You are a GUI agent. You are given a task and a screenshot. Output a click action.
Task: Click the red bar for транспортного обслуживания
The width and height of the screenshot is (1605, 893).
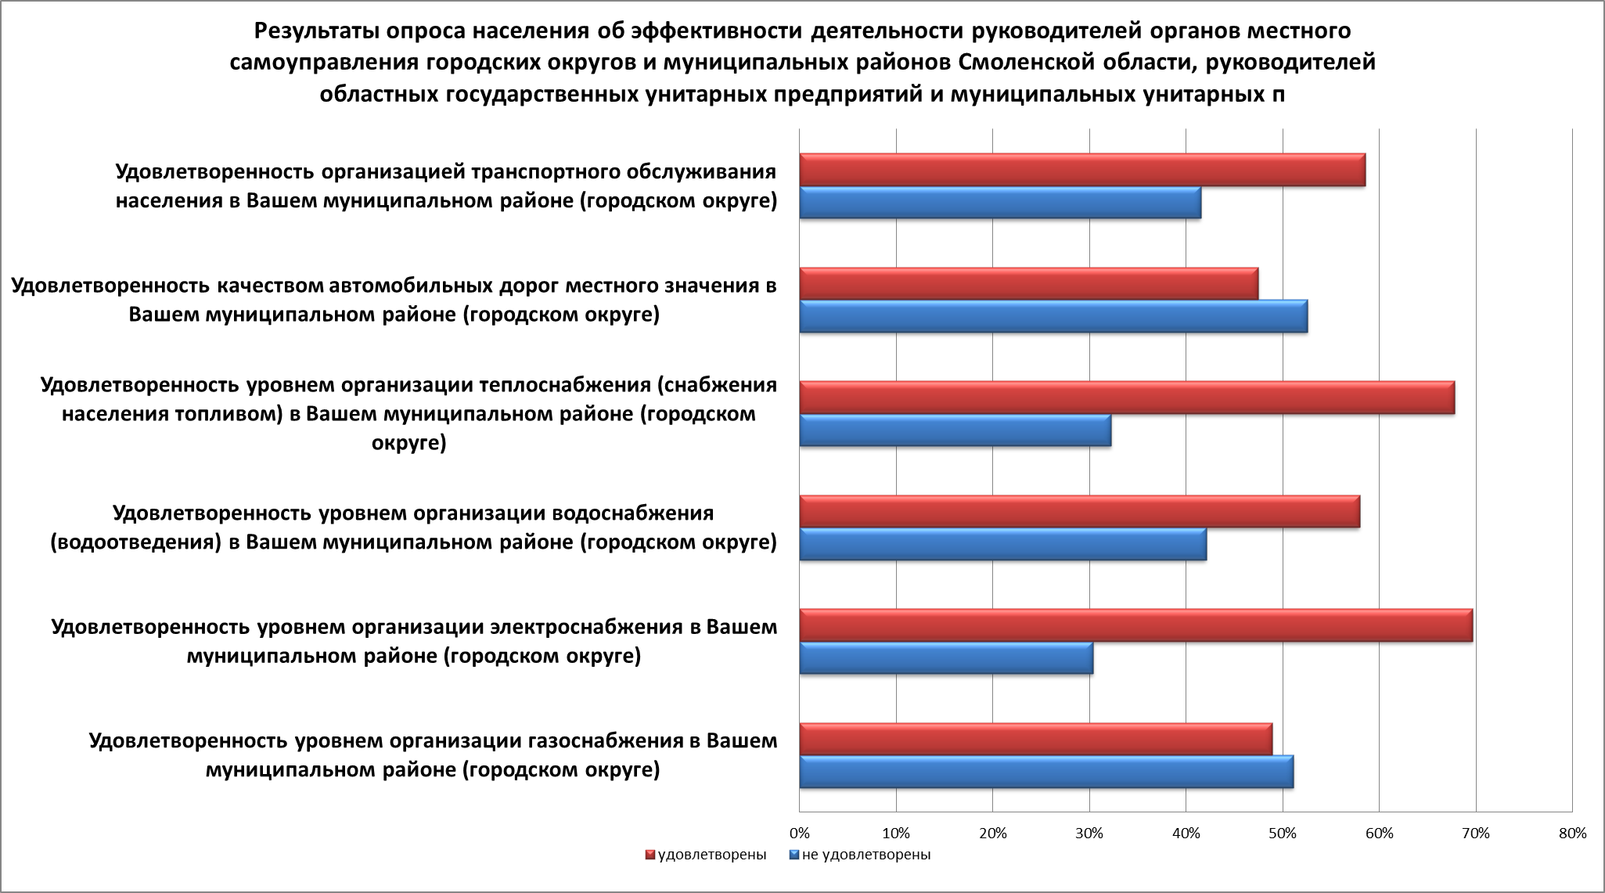coord(1082,170)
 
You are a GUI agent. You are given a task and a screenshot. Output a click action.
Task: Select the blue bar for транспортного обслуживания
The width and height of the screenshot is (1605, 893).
coord(1000,203)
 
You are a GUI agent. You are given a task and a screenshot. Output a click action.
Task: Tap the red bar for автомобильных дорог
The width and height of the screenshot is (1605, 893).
coord(1029,283)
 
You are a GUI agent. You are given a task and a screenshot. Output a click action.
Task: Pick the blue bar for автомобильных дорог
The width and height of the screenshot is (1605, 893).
coord(1053,316)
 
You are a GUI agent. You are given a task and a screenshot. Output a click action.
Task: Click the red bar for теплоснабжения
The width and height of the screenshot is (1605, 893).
coord(1127,398)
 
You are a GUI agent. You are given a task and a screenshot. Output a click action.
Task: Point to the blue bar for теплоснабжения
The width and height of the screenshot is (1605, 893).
coord(955,430)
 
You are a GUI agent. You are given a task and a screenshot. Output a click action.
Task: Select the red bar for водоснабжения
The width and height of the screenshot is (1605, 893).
coord(1080,512)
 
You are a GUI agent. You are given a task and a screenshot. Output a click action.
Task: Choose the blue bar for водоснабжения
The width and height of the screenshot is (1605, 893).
coord(1003,544)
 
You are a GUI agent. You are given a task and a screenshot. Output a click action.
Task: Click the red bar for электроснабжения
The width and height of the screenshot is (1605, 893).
coord(1136,625)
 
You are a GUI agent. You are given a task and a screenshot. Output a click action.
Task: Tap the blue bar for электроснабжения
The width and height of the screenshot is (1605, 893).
coord(946,657)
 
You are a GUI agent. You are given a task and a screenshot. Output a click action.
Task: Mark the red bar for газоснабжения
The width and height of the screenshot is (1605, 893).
coord(1036,740)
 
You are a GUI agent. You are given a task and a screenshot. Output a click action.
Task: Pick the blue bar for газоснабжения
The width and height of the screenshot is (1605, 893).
coord(1046,772)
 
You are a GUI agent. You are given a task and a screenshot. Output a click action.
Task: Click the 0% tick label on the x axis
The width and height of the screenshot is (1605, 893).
coord(799,834)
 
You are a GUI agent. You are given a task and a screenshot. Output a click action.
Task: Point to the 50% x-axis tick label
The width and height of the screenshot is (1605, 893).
coord(1283,834)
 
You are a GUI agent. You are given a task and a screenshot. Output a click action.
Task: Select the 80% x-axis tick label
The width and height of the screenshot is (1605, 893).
coord(1572,834)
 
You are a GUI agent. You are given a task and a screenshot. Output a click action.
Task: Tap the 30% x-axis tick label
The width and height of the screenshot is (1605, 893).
coord(1089,834)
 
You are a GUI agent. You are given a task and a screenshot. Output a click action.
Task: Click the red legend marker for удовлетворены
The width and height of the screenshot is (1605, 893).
coord(650,855)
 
